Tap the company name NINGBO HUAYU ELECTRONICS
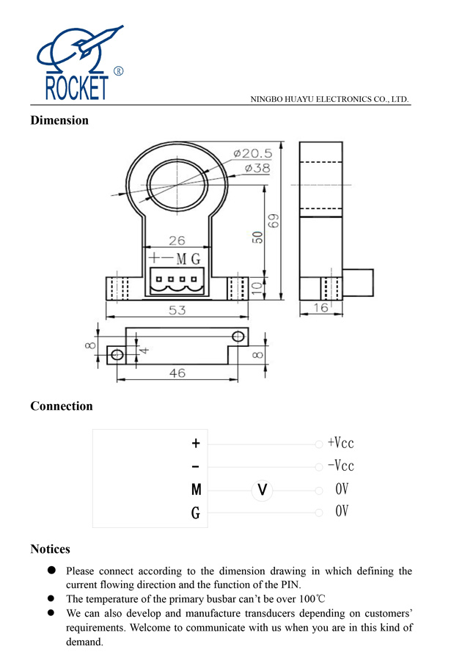tap(329, 98)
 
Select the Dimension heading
tap(59, 120)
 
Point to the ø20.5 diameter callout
tap(253, 153)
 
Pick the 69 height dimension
tap(274, 220)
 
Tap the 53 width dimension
tap(177, 310)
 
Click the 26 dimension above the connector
tap(177, 241)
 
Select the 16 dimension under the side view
tap(321, 309)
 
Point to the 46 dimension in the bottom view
tap(177, 373)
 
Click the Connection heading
tap(62, 406)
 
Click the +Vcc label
tap(340, 443)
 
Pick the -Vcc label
tap(340, 466)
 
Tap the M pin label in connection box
tap(196, 490)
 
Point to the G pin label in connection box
tap(196, 513)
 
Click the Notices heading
tap(50, 549)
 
